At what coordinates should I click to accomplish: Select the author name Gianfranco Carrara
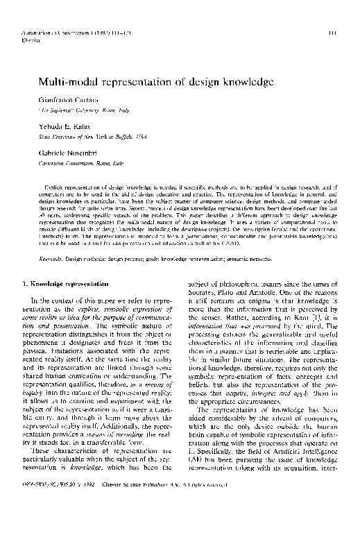[65, 100]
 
